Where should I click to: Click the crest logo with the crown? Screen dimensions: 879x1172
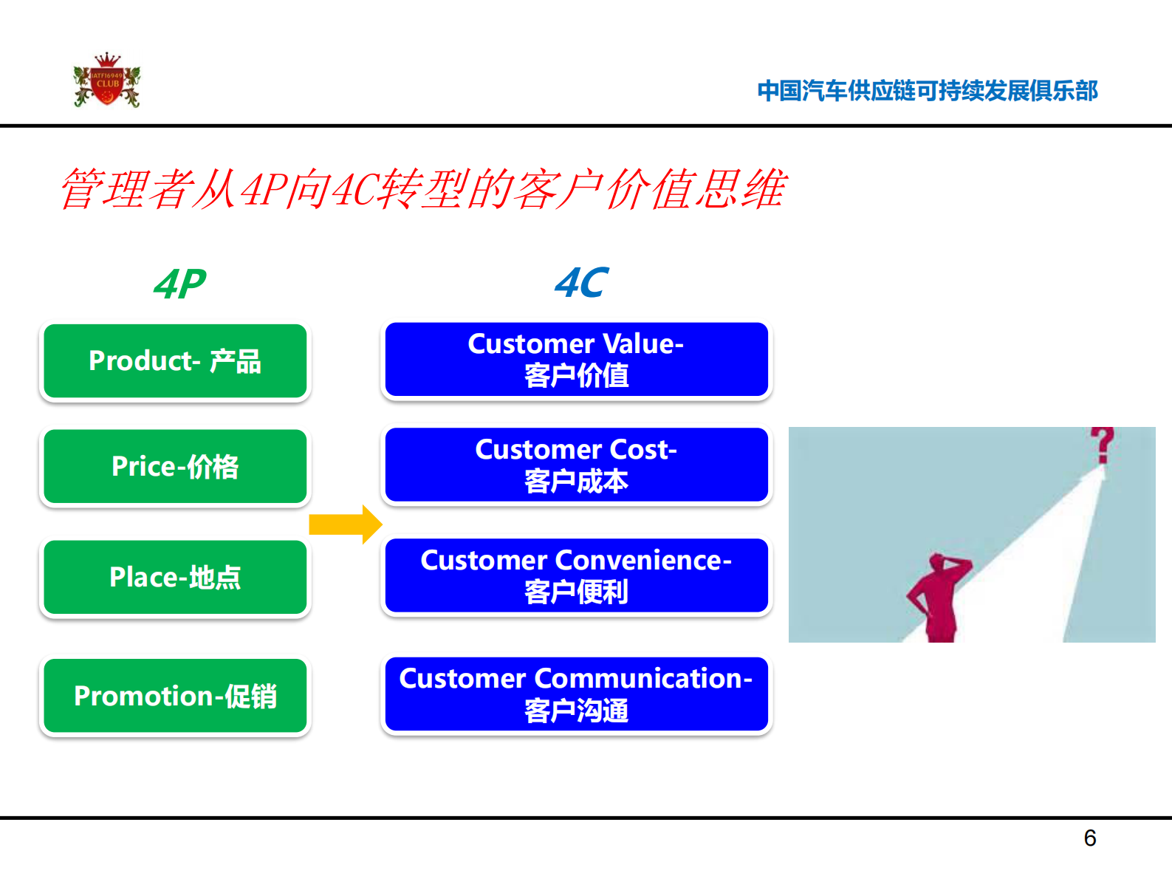tap(107, 81)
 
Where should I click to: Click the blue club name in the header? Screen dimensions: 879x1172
tap(927, 91)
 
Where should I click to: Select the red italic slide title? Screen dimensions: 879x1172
tap(423, 189)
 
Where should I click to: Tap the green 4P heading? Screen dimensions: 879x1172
tap(179, 284)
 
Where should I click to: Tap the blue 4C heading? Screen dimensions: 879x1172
tap(581, 283)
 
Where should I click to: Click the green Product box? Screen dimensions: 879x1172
tap(175, 361)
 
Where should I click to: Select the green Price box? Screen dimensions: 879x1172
tap(175, 467)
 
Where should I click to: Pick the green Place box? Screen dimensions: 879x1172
tap(175, 578)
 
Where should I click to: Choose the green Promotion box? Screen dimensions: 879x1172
tap(175, 696)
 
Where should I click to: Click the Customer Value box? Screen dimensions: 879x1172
tap(576, 360)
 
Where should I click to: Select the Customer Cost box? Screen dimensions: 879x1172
tap(576, 465)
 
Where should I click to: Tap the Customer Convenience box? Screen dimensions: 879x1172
tap(576, 576)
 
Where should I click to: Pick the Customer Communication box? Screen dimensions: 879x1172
tap(576, 694)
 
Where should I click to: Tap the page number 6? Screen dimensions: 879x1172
tap(1089, 838)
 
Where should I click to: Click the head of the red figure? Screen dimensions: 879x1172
tap(940, 563)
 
